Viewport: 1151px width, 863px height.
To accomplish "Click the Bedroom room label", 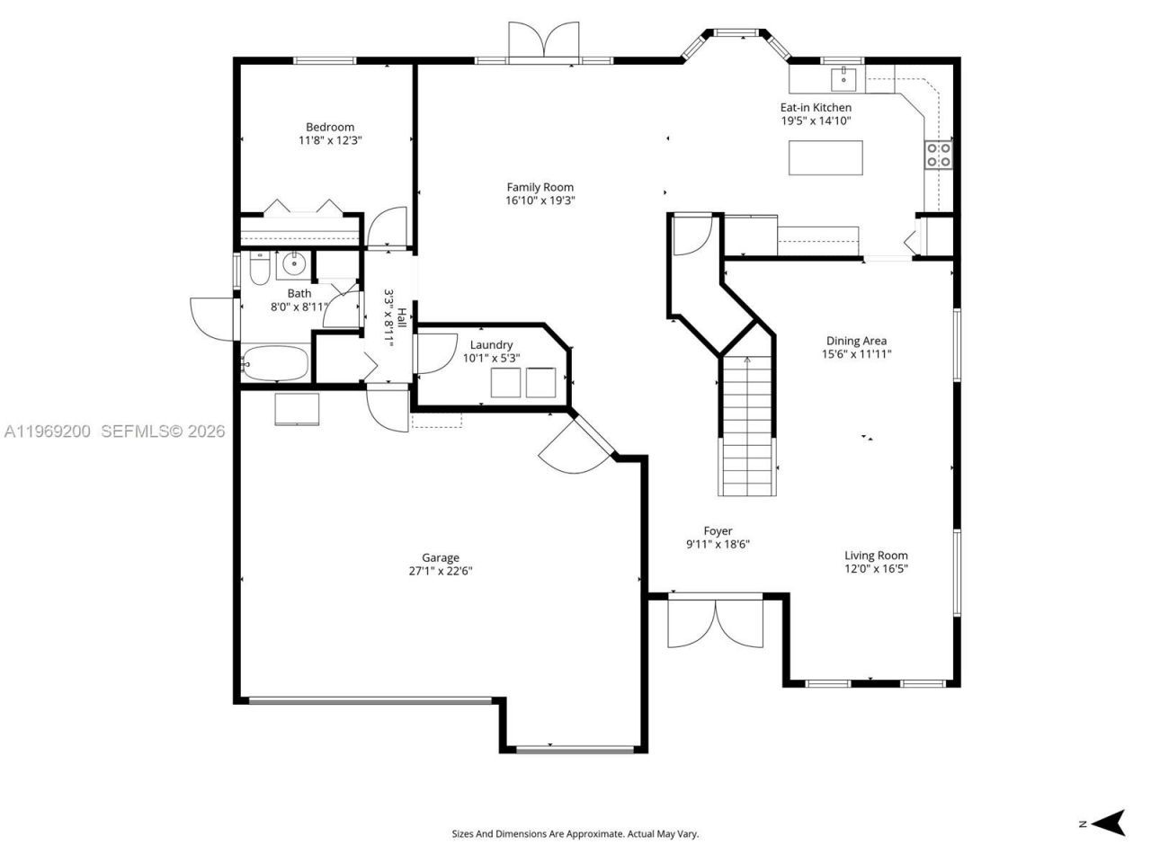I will pyautogui.click(x=329, y=127).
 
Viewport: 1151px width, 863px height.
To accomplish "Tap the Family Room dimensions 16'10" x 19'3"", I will pyautogui.click(x=540, y=201).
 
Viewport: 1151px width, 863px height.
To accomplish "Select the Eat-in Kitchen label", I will pyautogui.click(x=815, y=107).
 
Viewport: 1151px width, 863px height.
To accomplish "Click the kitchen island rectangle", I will pyautogui.click(x=825, y=157).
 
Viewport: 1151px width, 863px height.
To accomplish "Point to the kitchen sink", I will pyautogui.click(x=844, y=79).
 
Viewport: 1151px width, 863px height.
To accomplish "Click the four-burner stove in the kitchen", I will pyautogui.click(x=939, y=156).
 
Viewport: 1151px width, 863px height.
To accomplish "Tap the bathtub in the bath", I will pyautogui.click(x=275, y=364).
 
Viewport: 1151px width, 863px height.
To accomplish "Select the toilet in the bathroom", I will pyautogui.click(x=259, y=268).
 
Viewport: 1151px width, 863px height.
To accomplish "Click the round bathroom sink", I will pyautogui.click(x=292, y=265).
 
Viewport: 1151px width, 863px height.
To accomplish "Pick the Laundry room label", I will pyautogui.click(x=491, y=344).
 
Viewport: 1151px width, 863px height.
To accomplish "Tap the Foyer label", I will pyautogui.click(x=718, y=530).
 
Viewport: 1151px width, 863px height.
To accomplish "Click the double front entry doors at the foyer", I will pyautogui.click(x=716, y=622).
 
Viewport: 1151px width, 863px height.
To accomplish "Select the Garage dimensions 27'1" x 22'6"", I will pyautogui.click(x=441, y=571).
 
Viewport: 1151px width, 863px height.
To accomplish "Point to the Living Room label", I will pyautogui.click(x=876, y=556).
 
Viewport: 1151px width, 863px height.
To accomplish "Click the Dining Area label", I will pyautogui.click(x=856, y=341).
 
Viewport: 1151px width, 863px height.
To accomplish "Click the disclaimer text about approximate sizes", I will pyautogui.click(x=575, y=834).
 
